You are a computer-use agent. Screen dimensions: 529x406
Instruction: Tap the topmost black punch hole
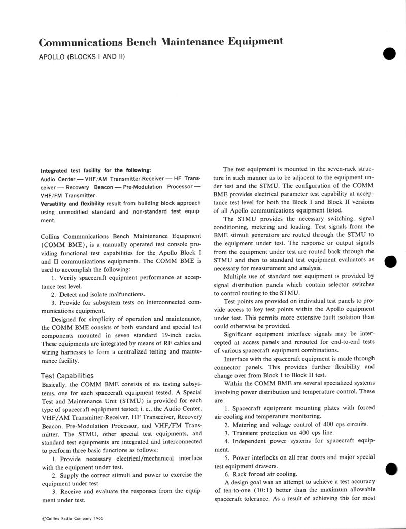coord(389,54)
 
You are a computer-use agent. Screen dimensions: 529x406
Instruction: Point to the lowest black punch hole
coord(390,469)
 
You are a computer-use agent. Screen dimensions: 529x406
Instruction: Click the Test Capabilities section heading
coord(67,376)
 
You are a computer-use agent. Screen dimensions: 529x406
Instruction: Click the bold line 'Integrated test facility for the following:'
coord(96,170)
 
